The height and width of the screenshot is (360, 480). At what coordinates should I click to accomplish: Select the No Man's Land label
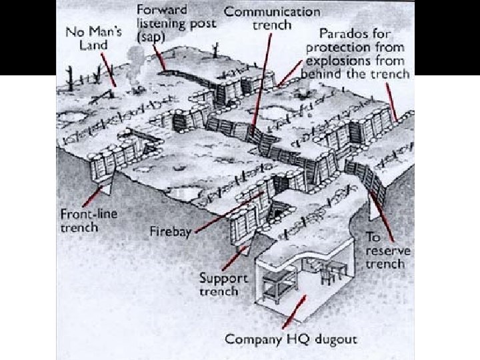90,39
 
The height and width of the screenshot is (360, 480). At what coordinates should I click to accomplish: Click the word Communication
272,11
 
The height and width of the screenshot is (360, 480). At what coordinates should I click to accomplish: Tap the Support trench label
223,285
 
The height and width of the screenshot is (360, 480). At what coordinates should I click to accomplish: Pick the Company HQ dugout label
291,339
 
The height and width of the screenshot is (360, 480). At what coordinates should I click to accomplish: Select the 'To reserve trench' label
387,250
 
